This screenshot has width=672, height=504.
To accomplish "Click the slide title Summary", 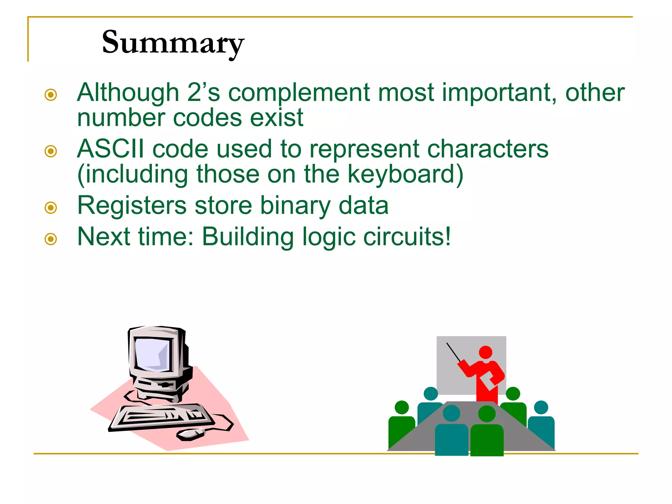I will (x=173, y=43).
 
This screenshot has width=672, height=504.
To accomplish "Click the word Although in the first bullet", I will (x=128, y=93).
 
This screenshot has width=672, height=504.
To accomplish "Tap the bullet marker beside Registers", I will (x=51, y=207).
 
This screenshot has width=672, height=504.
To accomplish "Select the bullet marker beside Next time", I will (x=51, y=239).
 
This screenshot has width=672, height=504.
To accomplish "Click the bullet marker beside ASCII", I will (x=51, y=151).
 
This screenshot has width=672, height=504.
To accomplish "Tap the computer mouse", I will (x=191, y=434).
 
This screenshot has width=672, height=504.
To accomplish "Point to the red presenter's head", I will (x=485, y=352).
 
